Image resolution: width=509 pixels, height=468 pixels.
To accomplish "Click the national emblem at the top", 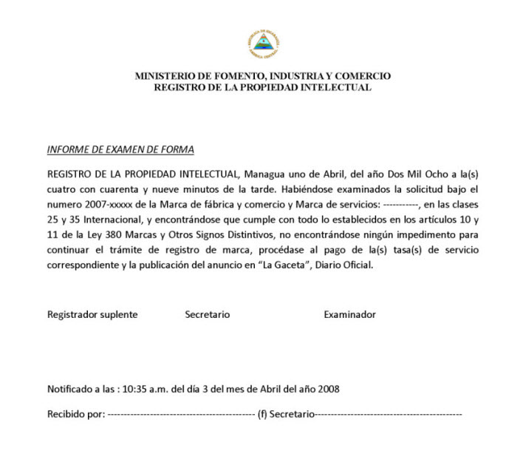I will click(x=263, y=45).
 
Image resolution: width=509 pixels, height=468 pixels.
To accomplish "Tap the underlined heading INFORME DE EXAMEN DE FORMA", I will click(x=120, y=149).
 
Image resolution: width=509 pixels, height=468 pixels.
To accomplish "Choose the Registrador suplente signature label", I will click(x=92, y=314).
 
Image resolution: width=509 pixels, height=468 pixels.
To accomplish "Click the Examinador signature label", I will click(x=349, y=314).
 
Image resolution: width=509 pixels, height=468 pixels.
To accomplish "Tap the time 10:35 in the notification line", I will click(x=135, y=388).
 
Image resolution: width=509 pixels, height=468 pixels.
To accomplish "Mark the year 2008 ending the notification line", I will click(x=327, y=388).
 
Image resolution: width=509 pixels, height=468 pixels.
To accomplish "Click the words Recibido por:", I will click(x=76, y=414).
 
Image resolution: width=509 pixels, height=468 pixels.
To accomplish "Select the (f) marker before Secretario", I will click(x=262, y=414).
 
